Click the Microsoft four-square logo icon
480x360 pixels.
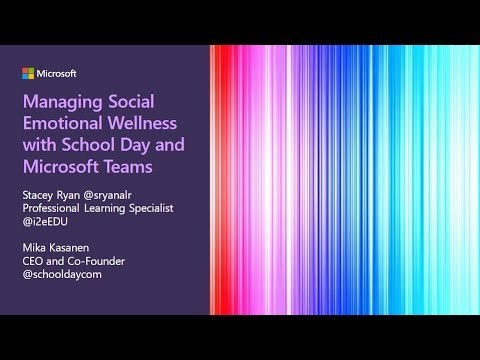[28, 74]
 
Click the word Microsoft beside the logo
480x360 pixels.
[56, 74]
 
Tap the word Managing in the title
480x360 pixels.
[60, 103]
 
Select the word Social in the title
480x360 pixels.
[131, 101]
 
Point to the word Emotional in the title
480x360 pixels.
[63, 123]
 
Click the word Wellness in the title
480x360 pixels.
[142, 123]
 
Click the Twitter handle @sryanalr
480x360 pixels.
[107, 196]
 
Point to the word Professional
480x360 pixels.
[51, 208]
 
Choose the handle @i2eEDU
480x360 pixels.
[45, 222]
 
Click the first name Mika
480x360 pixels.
[34, 248]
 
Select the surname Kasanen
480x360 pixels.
[70, 248]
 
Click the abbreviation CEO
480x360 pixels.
[33, 261]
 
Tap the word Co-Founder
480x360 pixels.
[96, 261]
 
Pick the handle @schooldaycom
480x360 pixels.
[62, 275]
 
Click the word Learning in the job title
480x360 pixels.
[105, 209]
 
